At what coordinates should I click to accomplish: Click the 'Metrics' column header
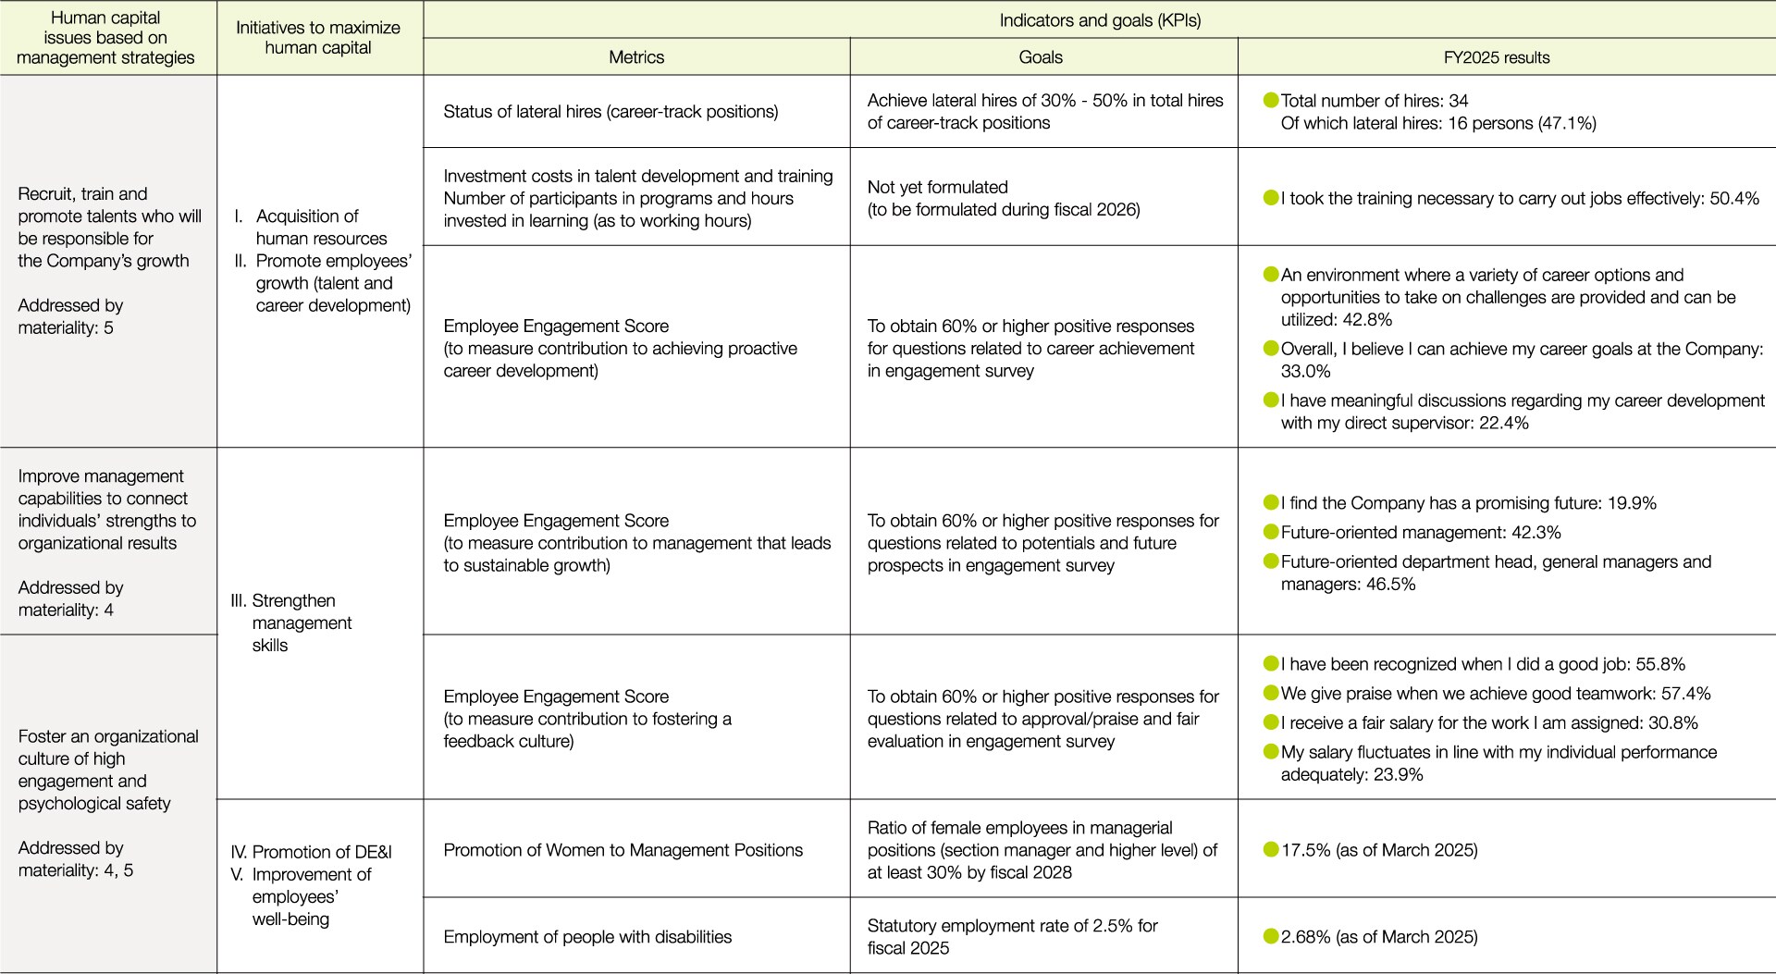tap(636, 57)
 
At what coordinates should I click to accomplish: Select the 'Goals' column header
tap(1041, 57)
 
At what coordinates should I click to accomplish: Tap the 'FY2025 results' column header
tap(1497, 57)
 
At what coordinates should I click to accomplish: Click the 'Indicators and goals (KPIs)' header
tap(1100, 20)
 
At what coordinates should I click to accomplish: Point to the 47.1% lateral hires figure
tap(1569, 123)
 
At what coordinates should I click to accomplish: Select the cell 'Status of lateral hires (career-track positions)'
tap(610, 112)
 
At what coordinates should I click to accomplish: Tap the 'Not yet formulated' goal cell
tap(938, 187)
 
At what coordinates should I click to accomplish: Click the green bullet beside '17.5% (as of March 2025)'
tap(1271, 849)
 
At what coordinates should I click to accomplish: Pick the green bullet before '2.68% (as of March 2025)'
tap(1271, 936)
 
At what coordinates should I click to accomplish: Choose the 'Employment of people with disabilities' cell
tap(587, 937)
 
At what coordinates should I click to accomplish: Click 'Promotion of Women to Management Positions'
tap(623, 850)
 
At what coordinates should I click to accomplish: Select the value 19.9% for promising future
tap(1632, 503)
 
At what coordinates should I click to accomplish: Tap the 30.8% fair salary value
tap(1673, 722)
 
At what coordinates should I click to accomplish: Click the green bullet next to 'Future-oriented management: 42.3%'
tap(1271, 532)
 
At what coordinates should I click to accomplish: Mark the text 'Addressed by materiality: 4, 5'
tap(75, 859)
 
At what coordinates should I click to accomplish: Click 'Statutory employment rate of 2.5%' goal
tap(1012, 926)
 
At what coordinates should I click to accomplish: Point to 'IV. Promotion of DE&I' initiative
tap(311, 852)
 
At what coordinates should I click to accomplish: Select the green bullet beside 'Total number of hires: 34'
tap(1271, 100)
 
